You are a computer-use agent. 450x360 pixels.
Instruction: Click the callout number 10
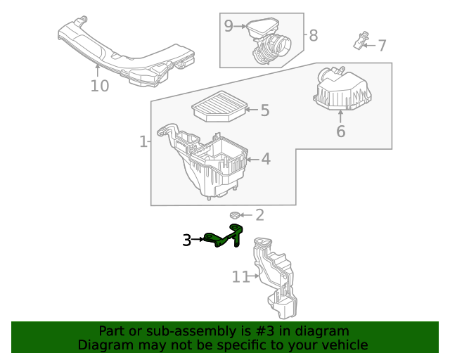[100, 86]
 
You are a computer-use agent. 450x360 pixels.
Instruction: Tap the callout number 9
[229, 26]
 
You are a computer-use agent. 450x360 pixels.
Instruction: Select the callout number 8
[313, 34]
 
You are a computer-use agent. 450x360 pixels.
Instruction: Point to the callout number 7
[382, 46]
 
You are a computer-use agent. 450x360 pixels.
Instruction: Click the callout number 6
[340, 131]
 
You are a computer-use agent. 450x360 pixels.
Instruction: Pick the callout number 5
[264, 110]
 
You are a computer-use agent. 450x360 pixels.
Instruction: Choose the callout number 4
[265, 160]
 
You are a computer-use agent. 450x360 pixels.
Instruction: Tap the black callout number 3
[186, 240]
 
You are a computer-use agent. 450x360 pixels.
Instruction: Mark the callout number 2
[259, 215]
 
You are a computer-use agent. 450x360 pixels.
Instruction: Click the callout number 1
[143, 142]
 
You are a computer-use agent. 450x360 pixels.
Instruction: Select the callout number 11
[240, 277]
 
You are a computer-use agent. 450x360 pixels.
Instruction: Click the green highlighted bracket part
[224, 237]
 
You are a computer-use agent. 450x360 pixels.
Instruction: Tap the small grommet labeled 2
[236, 214]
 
